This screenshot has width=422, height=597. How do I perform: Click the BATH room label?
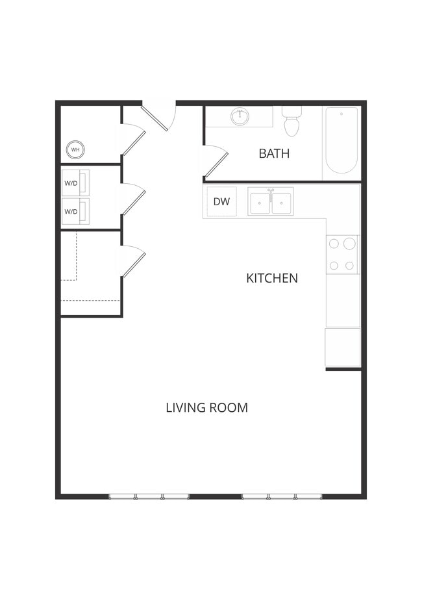pyautogui.click(x=274, y=154)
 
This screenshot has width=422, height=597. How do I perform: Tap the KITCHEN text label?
pyautogui.click(x=272, y=278)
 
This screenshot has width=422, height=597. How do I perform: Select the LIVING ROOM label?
pyautogui.click(x=206, y=408)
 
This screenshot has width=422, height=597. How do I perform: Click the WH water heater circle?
pyautogui.click(x=75, y=150)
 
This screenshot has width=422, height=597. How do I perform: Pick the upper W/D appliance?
pyautogui.click(x=75, y=183)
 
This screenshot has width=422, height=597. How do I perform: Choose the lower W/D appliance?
pyautogui.click(x=75, y=211)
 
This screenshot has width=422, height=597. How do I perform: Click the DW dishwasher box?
pyautogui.click(x=221, y=201)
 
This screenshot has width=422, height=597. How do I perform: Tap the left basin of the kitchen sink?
pyautogui.click(x=260, y=202)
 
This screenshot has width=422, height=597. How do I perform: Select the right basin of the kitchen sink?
pyautogui.click(x=282, y=202)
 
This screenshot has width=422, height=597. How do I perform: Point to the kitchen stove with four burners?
pyautogui.click(x=342, y=254)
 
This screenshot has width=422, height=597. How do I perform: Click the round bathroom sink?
pyautogui.click(x=240, y=117)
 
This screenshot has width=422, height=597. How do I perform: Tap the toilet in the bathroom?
pyautogui.click(x=292, y=122)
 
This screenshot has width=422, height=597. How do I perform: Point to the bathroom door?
pyautogui.click(x=214, y=162)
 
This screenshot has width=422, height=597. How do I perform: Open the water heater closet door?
pyautogui.click(x=132, y=140)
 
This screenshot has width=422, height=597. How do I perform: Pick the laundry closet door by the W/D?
pyautogui.click(x=132, y=199)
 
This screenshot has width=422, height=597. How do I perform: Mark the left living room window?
pyautogui.click(x=149, y=496)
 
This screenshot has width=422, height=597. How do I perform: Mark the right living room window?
pyautogui.click(x=282, y=496)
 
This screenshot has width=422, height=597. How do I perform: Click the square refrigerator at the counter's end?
pyautogui.click(x=343, y=347)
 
